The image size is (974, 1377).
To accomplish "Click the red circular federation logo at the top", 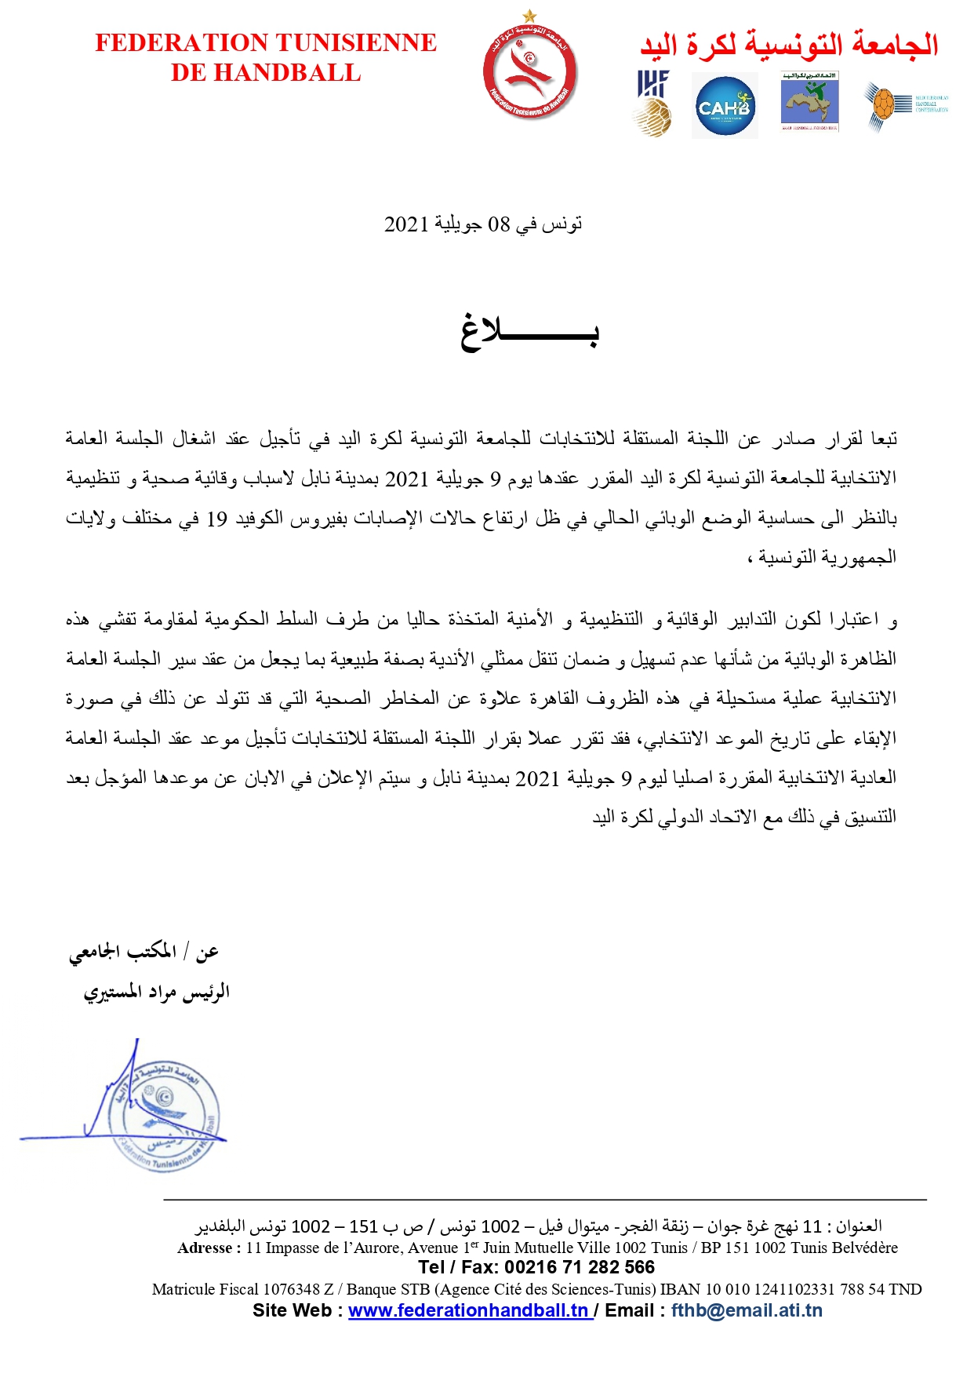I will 529,72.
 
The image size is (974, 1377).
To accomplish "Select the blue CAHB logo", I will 725,106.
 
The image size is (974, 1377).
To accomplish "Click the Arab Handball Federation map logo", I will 810,102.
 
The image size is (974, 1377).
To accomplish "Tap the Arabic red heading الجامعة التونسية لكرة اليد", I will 789,45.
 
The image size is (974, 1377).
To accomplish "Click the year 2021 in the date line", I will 406,224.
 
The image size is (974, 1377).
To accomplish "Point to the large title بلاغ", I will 529,331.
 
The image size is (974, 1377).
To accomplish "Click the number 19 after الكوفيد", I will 217,519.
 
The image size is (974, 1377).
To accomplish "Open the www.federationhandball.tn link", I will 469,1310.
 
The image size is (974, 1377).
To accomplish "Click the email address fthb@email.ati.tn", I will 747,1310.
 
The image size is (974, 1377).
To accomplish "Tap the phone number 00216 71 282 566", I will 579,1267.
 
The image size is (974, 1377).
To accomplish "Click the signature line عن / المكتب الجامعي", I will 144,952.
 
